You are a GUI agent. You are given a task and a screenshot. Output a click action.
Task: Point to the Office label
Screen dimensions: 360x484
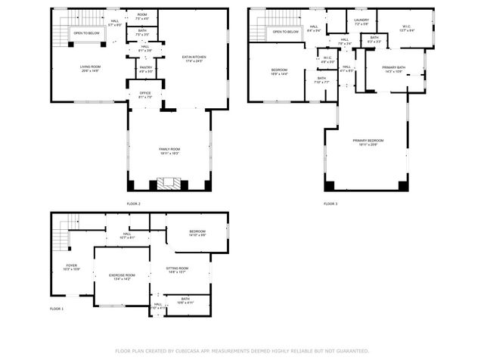coord(145,95)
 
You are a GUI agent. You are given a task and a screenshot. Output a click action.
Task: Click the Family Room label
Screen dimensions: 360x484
coord(169,151)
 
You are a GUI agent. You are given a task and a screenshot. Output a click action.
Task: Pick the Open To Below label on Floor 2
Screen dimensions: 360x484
coord(86,33)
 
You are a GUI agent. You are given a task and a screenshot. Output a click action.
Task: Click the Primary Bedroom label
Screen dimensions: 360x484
coord(368,141)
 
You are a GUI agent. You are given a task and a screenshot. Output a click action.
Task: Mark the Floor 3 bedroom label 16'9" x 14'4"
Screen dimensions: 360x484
coord(280,72)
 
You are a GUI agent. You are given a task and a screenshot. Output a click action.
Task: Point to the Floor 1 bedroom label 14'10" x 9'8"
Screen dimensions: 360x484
coord(197,232)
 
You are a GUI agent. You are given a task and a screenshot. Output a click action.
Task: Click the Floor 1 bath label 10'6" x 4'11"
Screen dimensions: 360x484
coord(186,300)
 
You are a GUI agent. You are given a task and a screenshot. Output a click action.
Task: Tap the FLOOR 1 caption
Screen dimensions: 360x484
coord(57,309)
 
